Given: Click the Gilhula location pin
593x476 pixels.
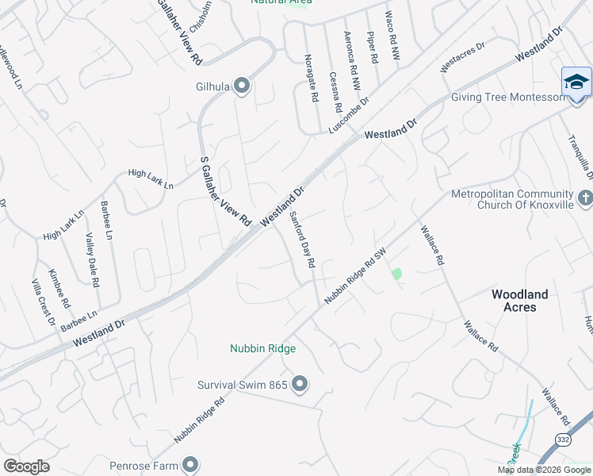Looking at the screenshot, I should (x=242, y=86).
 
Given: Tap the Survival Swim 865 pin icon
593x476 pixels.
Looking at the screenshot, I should (x=300, y=385).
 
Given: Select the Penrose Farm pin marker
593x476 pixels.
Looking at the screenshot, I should (x=190, y=465).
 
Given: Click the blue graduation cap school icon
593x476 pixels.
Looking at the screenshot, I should (x=576, y=83).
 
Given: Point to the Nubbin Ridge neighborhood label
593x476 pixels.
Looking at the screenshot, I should (x=262, y=349).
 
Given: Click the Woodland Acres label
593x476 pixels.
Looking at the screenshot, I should (x=519, y=301).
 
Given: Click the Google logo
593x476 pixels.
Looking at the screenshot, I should (x=26, y=466).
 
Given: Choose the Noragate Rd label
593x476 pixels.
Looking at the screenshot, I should (x=311, y=78).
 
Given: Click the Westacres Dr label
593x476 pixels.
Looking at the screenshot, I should (x=462, y=58).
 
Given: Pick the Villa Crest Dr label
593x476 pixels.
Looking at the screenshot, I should (x=43, y=302).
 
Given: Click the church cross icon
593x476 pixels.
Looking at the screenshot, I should (x=585, y=198).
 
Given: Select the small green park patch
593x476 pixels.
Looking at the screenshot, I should (x=396, y=274).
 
